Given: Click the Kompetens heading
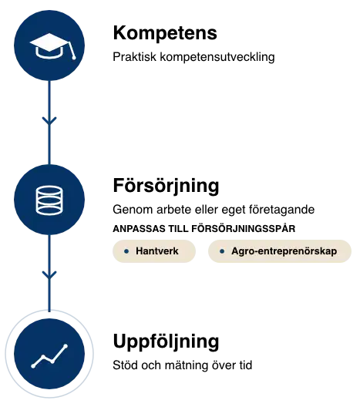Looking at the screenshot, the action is coord(165,33).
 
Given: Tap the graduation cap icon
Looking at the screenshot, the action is coord(52,46).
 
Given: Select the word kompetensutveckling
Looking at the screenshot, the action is coord(217,57).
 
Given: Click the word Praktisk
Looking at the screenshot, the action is coord(134,57).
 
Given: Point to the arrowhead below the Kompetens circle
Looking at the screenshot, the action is coord(49,121).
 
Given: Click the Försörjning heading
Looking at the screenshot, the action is coord(166,186).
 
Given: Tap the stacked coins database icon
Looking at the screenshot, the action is coord(49,200).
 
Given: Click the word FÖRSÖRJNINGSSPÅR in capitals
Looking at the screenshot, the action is coord(244,229).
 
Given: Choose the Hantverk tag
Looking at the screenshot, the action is coord(154,251).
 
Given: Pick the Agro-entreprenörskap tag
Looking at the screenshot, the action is coord(280,251).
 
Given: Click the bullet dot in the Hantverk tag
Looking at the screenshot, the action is coord(126,251).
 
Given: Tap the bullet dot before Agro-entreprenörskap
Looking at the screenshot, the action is coord(222,251).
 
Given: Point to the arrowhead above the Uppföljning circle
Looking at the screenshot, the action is coord(49,275).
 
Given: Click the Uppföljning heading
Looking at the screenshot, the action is coord(166,341).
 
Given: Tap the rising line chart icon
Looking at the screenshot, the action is coord(49,356).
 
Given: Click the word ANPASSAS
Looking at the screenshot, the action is coord(139,229).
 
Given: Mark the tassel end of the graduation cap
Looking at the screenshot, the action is coord(74,58).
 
